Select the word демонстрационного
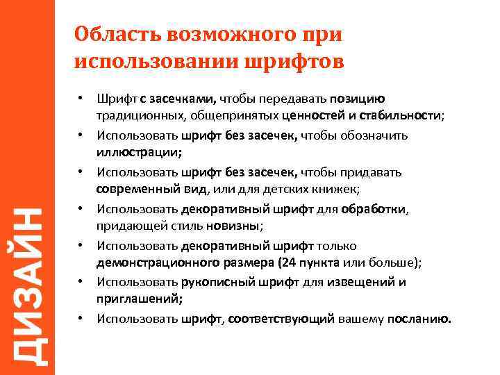[x=153, y=262]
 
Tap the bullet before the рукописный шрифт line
[x=81, y=281]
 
